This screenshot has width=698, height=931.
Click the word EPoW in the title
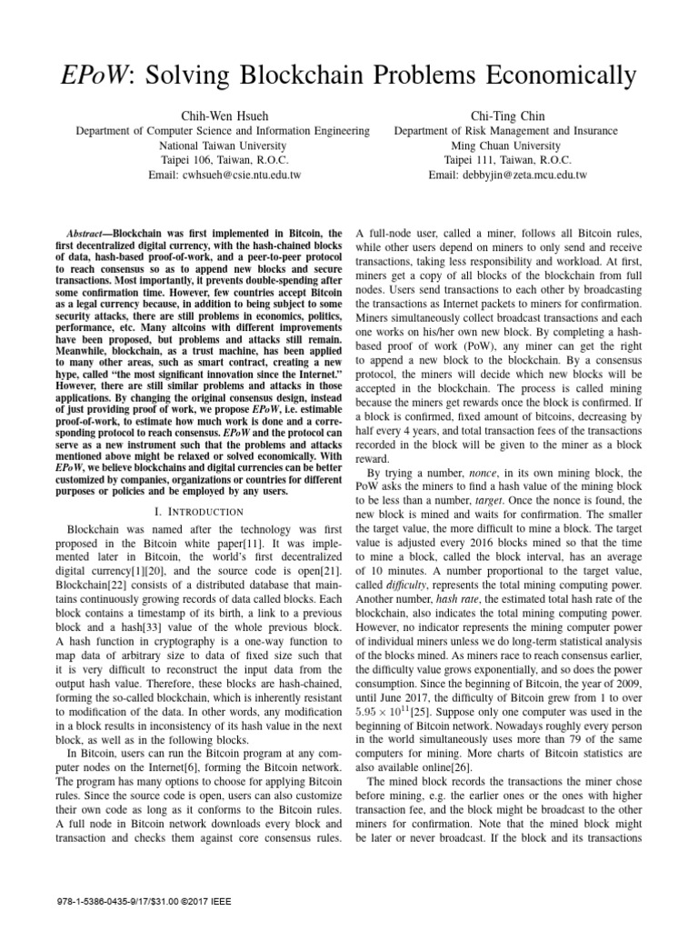click(x=107, y=74)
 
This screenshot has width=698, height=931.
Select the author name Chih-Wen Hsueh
click(x=223, y=115)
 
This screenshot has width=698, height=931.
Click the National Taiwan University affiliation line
click(x=223, y=145)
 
